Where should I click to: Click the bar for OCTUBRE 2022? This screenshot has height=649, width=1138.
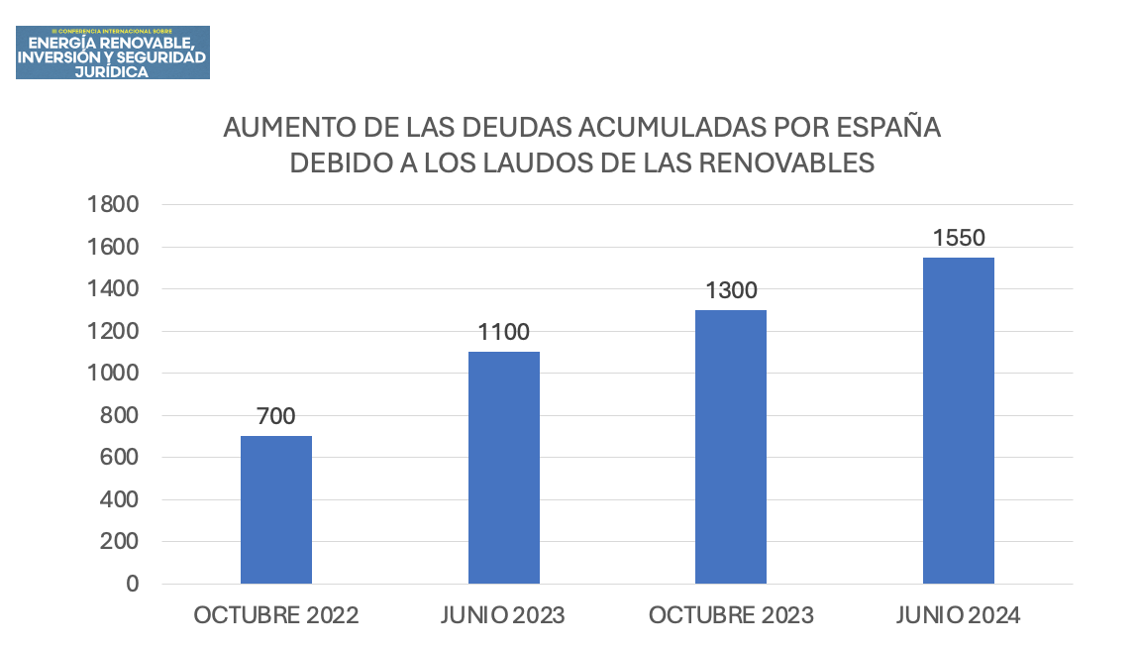(276, 509)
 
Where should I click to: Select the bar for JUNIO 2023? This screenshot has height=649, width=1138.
(503, 468)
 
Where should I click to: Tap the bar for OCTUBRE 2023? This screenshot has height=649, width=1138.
(731, 447)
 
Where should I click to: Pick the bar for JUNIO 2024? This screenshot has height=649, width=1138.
(958, 420)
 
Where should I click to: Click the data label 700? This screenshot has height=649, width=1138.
(276, 416)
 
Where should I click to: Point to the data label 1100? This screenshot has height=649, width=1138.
(503, 332)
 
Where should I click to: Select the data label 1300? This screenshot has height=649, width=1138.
(731, 290)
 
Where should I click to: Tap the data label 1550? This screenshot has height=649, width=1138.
(958, 238)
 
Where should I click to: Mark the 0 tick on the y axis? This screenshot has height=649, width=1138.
(131, 584)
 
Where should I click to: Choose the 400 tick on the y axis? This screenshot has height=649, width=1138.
(119, 499)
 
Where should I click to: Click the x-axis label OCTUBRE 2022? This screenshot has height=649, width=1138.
(276, 615)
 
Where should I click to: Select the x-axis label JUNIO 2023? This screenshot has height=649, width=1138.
(503, 615)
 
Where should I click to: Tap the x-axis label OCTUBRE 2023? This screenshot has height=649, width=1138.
(731, 615)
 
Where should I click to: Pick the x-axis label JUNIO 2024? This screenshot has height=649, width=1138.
(958, 615)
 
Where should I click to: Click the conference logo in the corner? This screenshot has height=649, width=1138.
(112, 53)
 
